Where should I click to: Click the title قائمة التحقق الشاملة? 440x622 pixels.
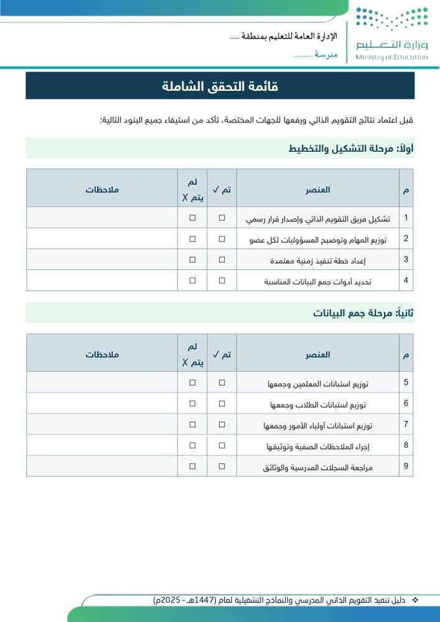click(220, 86)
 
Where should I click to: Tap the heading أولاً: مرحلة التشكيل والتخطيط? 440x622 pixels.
click(351, 148)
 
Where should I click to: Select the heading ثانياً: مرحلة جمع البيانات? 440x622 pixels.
click(363, 313)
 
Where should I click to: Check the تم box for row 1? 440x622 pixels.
click(222, 218)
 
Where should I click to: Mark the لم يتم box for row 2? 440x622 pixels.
click(192, 239)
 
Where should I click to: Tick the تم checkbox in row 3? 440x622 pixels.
click(222, 259)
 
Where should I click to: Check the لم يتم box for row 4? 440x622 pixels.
click(192, 281)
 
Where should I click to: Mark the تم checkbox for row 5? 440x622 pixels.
click(222, 383)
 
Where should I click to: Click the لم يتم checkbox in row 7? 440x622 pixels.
click(192, 424)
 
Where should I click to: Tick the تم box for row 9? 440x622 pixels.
click(222, 466)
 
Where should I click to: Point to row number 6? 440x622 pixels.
click(406, 403)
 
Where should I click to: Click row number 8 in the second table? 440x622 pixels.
click(406, 445)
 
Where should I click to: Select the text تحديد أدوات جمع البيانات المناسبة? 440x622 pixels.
click(317, 281)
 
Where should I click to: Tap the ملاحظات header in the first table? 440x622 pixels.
click(102, 189)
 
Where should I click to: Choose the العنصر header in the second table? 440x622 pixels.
click(317, 355)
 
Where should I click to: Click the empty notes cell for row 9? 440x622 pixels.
click(102, 466)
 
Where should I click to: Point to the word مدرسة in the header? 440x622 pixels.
click(326, 55)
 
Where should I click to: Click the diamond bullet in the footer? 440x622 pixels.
click(416, 600)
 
